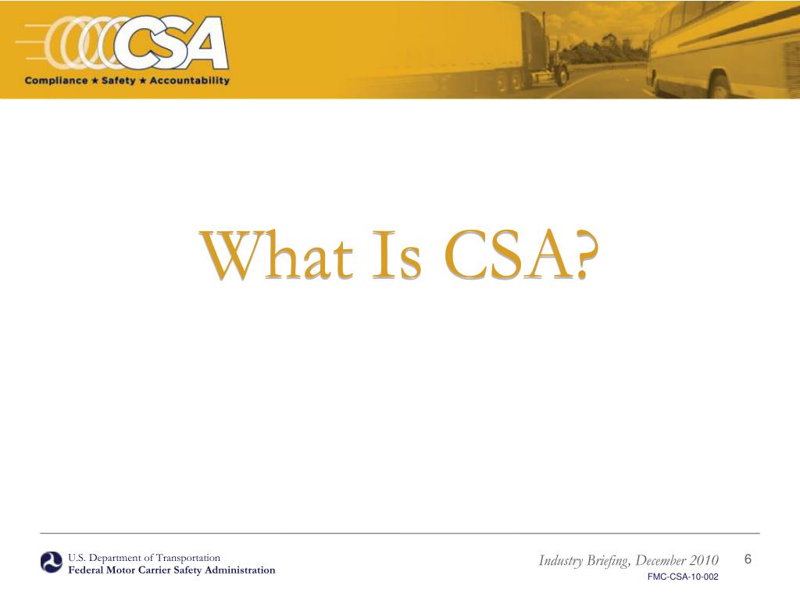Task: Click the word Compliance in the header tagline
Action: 55,80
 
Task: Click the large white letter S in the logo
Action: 164,44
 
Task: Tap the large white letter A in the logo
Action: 204,44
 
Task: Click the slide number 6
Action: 748,559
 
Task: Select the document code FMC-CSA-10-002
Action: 683,577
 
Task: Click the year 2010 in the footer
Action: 703,561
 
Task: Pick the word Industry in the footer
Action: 561,561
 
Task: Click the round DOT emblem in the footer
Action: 52,562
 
